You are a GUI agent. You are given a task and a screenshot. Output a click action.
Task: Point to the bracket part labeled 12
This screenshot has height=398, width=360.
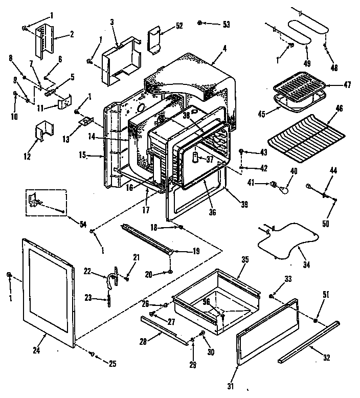tap(43, 131)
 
